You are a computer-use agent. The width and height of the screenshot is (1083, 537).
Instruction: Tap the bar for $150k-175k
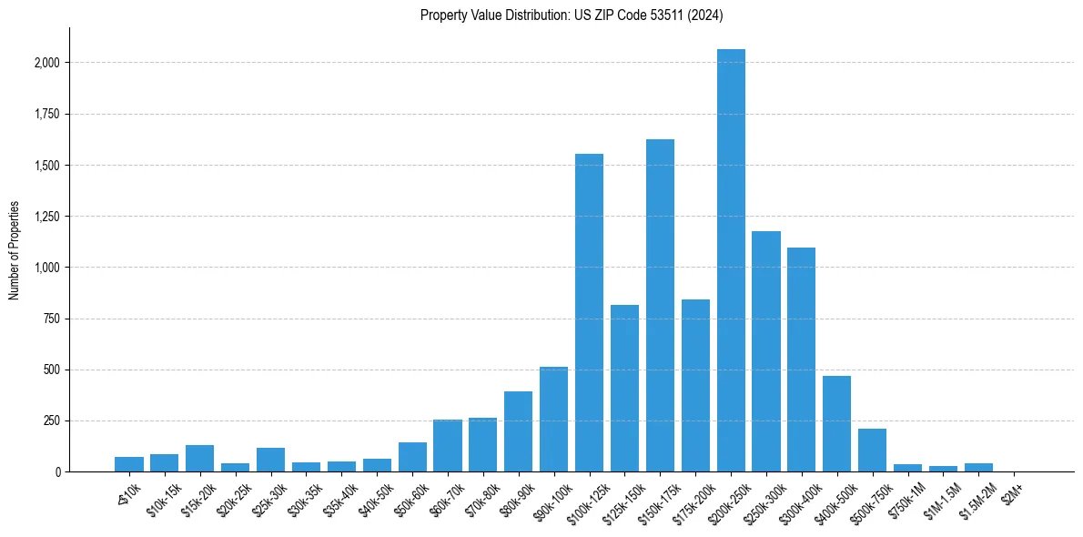(660, 305)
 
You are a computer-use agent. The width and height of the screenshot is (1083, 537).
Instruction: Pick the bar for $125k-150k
(624, 388)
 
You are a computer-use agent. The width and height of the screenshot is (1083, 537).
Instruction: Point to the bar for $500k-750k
(872, 450)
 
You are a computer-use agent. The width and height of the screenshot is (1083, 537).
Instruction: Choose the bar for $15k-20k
(199, 458)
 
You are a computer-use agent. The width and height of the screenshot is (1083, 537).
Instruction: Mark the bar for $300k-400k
(801, 360)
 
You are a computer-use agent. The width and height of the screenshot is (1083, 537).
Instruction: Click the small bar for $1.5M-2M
(978, 467)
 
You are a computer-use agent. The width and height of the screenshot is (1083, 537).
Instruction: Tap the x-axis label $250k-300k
(762, 500)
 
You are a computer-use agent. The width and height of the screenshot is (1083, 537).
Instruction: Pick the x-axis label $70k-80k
(479, 498)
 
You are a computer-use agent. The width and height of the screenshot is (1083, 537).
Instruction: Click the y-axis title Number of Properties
(14, 249)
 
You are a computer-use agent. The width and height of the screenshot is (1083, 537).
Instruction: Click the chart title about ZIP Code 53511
(572, 15)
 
